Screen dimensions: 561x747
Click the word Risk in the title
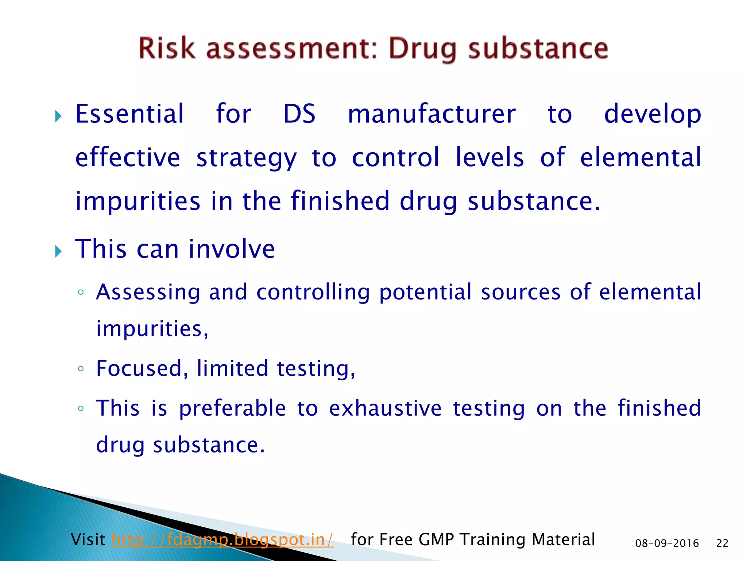tap(167, 48)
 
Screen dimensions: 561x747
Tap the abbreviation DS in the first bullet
tap(299, 114)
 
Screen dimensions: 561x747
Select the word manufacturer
tap(431, 114)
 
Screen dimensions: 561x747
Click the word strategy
tap(247, 158)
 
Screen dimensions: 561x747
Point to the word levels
tap(489, 157)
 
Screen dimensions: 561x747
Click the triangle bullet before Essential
tap(58, 117)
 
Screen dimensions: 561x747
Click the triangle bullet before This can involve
tap(58, 251)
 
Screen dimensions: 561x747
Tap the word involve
tap(232, 249)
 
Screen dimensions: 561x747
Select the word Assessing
tap(148, 293)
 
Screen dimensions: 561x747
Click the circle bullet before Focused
tap(81, 369)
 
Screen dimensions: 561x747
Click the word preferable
tap(232, 408)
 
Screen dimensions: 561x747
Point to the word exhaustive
tap(385, 408)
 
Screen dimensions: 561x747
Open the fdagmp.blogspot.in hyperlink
tap(222, 540)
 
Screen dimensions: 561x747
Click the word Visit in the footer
tap(88, 539)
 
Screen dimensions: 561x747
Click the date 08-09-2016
tap(667, 543)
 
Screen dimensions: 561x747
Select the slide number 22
tap(722, 543)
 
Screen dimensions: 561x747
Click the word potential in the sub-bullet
tap(425, 293)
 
